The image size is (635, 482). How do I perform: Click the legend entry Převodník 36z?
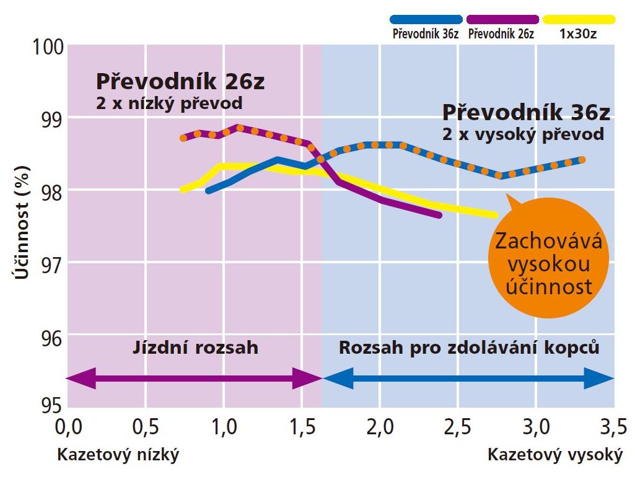click(x=425, y=33)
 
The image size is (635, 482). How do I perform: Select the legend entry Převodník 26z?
click(x=501, y=33)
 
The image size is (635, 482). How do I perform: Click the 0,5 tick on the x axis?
click(x=145, y=427)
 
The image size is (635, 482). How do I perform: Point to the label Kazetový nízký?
click(x=118, y=455)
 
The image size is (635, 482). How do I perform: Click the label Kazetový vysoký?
click(x=554, y=455)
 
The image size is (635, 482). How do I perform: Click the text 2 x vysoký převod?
click(x=522, y=134)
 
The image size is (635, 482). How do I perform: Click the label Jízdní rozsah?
click(x=195, y=348)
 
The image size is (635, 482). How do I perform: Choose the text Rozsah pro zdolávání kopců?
click(x=469, y=348)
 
